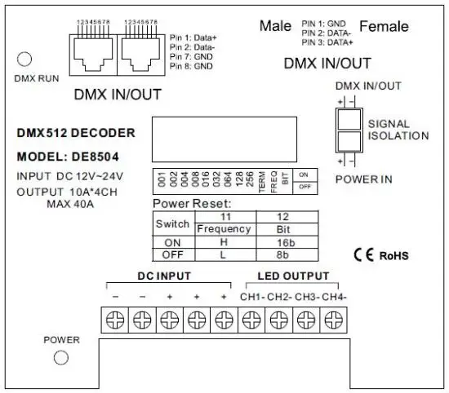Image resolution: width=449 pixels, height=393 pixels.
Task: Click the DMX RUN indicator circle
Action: [25, 59]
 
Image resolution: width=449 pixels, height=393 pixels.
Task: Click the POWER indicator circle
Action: [59, 358]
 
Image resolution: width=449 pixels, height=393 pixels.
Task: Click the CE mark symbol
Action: [363, 254]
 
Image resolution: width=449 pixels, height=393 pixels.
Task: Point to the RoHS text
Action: [393, 255]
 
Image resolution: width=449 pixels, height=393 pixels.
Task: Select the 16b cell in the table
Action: [283, 241]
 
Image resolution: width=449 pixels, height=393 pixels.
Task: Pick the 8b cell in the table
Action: [283, 254]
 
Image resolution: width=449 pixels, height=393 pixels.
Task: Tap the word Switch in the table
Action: [172, 223]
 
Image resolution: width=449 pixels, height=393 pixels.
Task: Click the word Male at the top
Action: [276, 26]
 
